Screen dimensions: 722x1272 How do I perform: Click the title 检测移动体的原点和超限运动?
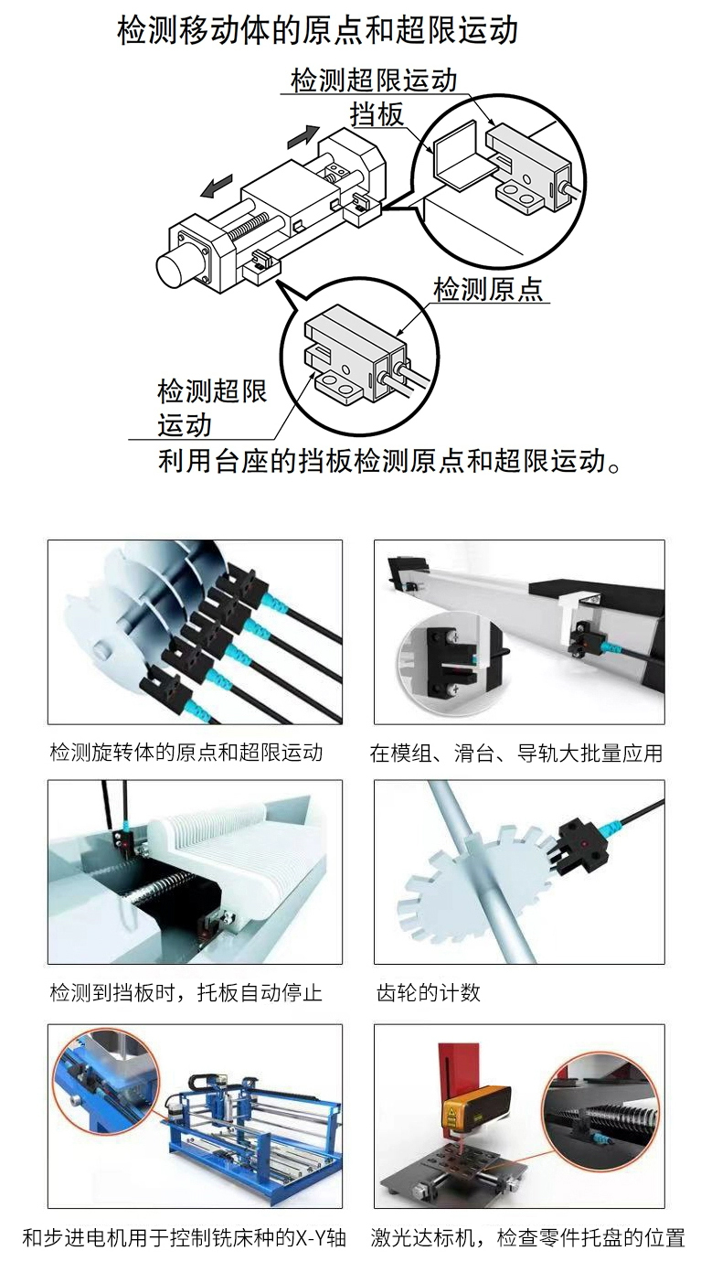tap(317, 30)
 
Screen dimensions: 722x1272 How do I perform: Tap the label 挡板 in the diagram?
tap(377, 114)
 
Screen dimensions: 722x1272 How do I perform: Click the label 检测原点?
tap(488, 289)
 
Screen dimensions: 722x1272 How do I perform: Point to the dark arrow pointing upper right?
tap(304, 135)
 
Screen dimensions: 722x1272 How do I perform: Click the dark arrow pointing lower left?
tap(215, 186)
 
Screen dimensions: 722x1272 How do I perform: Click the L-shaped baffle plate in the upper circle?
tap(456, 154)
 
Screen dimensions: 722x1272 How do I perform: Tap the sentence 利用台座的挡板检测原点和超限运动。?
tap(390, 461)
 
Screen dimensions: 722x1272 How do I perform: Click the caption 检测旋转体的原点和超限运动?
tap(186, 753)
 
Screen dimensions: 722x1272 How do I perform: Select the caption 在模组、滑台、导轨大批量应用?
tap(516, 753)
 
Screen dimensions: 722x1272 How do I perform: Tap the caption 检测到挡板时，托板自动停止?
tap(186, 993)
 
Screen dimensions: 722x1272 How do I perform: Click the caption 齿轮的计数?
tap(429, 993)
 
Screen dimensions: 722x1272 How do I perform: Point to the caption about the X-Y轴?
tap(185, 1237)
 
